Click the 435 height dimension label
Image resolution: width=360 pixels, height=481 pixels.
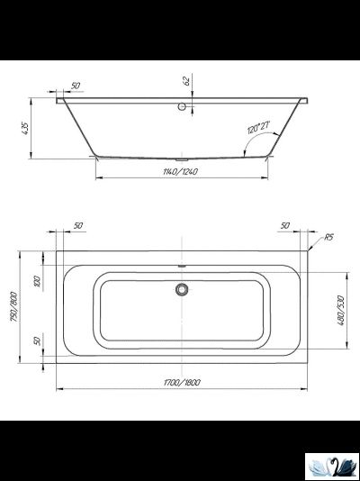25,129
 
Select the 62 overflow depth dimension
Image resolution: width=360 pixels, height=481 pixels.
186,81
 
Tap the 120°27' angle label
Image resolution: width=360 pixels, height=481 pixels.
258,127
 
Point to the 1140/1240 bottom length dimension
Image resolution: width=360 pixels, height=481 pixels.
181,171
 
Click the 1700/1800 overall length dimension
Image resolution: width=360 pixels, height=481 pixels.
182,382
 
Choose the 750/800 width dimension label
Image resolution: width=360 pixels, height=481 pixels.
14,307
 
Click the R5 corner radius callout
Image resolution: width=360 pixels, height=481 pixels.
328,237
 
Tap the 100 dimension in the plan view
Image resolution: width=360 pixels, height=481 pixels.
38,280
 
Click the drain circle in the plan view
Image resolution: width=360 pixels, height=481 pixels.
182,289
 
